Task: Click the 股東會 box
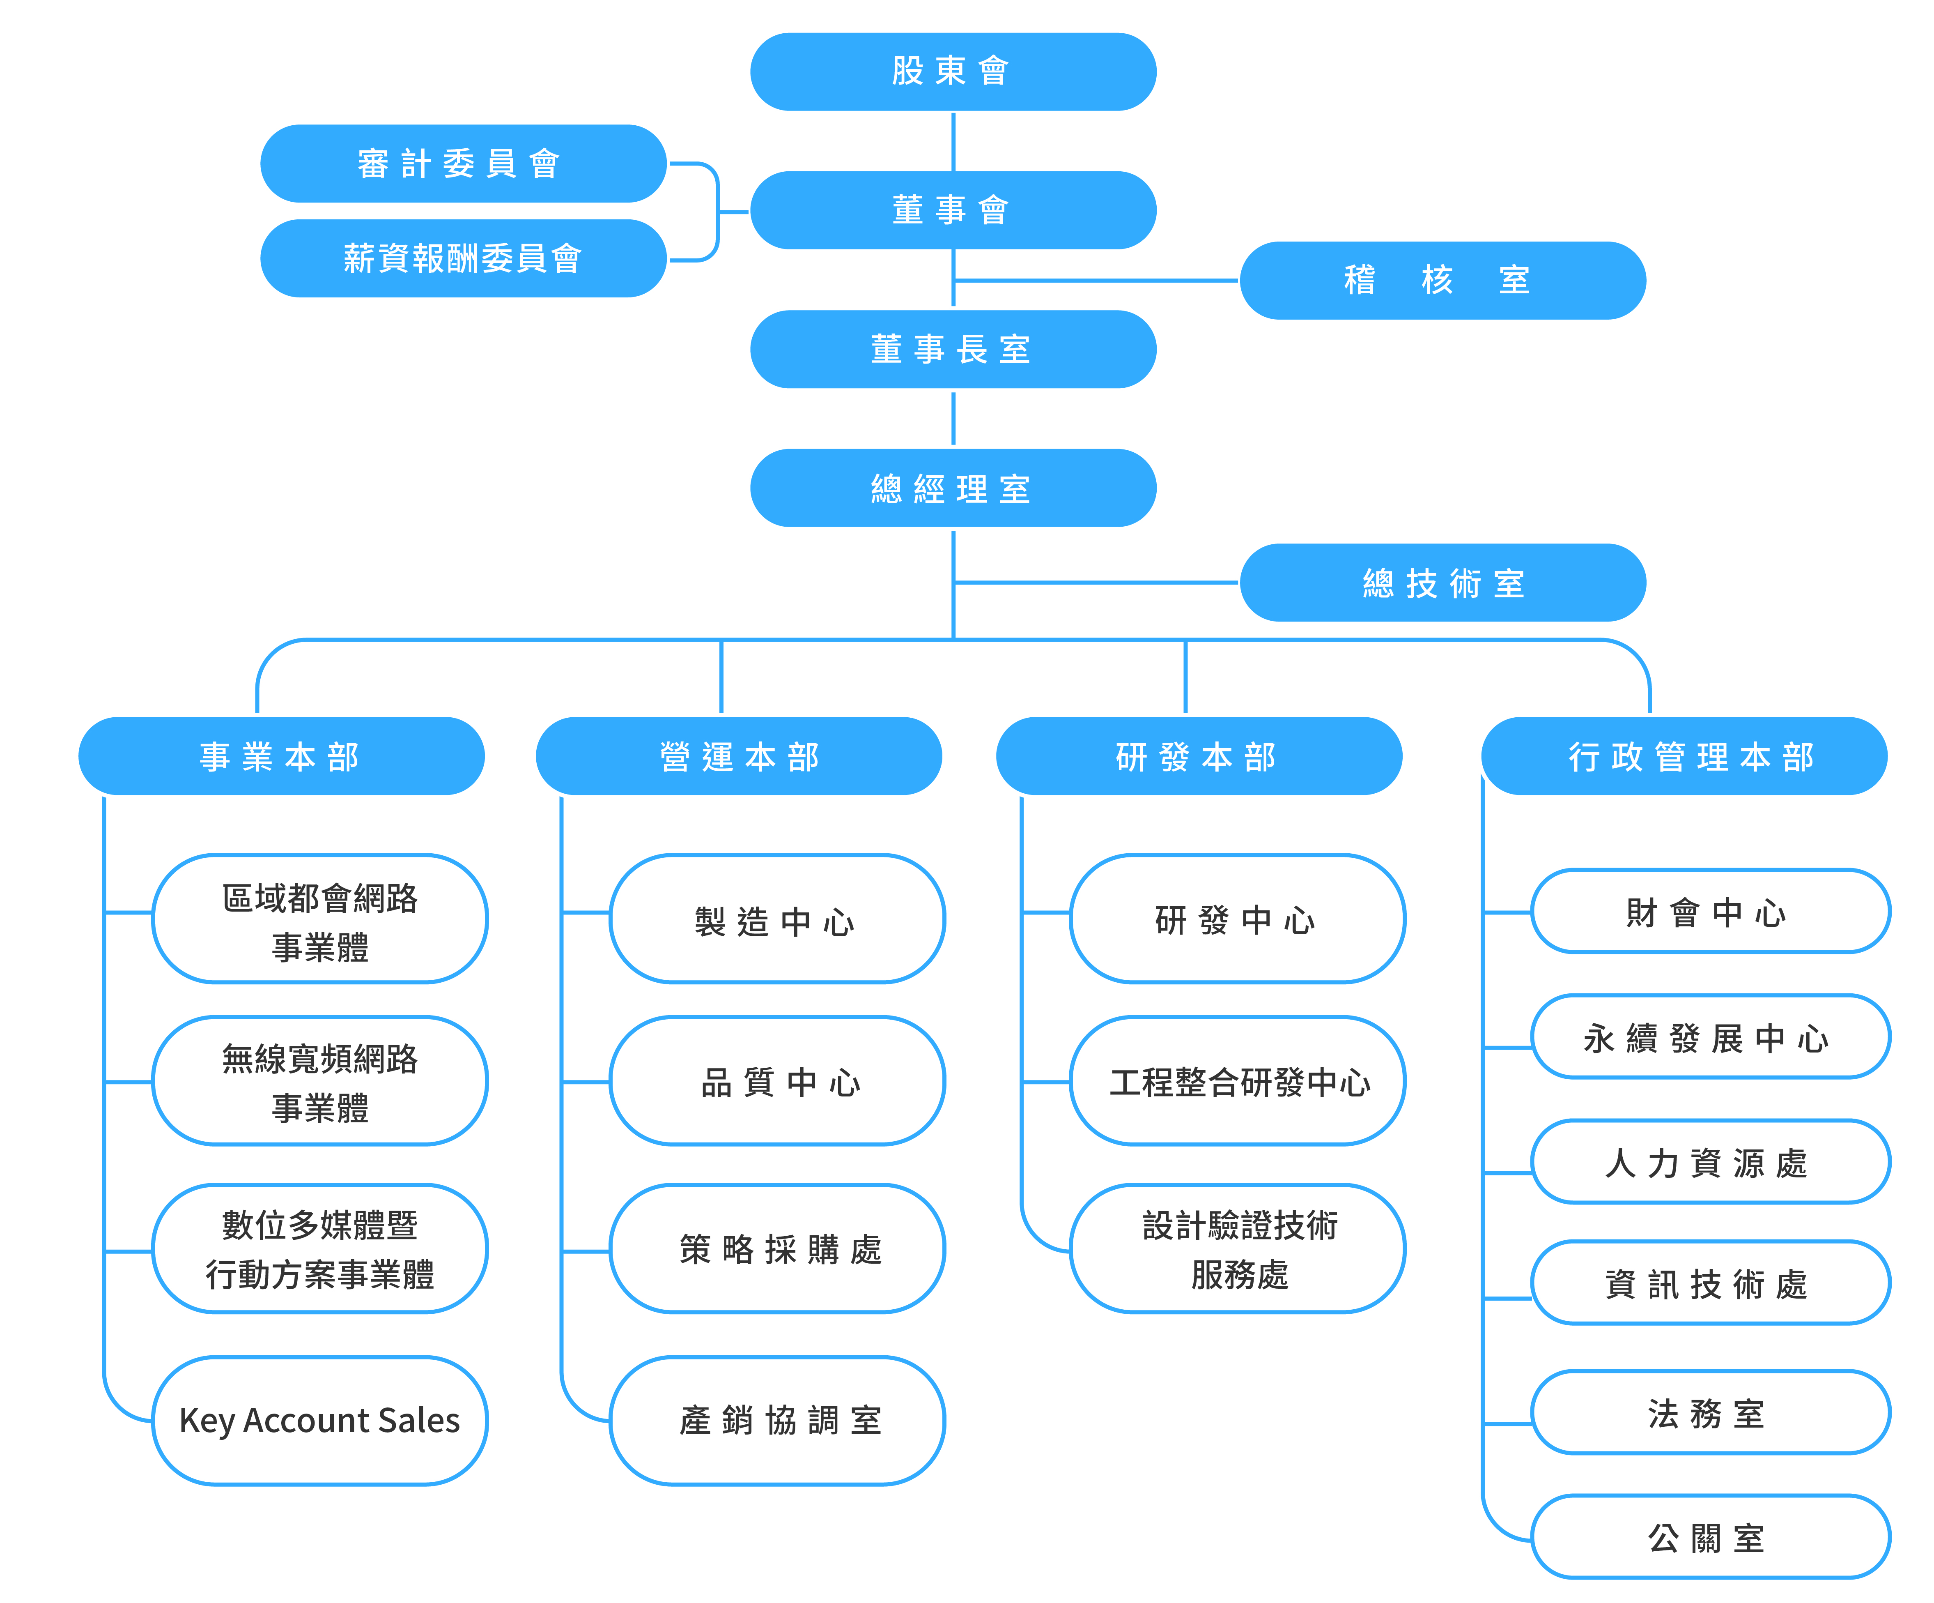pos(953,72)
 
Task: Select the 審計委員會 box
pos(463,163)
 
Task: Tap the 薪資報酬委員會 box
pos(463,258)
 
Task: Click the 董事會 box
pos(953,210)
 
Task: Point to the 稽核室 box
pos(1443,280)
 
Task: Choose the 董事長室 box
pos(953,349)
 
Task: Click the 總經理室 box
pos(953,488)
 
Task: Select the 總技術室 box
pos(1443,582)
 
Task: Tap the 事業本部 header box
pos(282,756)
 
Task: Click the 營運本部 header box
pos(739,756)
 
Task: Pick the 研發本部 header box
pos(1199,756)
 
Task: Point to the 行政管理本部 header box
pos(1684,756)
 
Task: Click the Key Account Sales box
pos(319,1421)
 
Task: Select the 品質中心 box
pos(777,1080)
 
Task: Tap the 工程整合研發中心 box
pos(1238,1080)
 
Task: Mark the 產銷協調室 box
pos(777,1421)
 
